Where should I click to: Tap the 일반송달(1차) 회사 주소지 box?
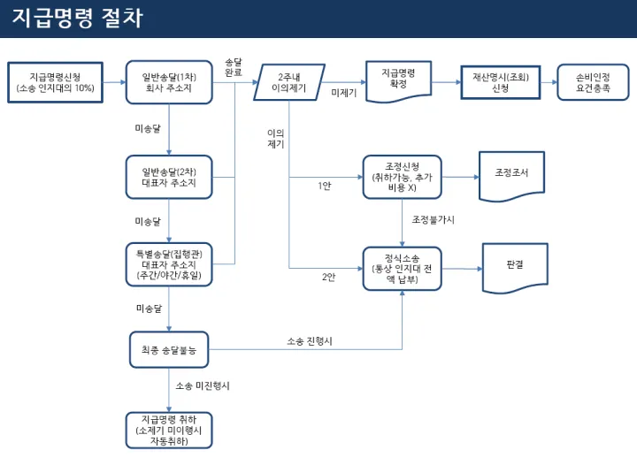[168, 82]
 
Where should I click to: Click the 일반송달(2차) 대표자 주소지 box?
[168, 176]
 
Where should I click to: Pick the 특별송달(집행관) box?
[168, 264]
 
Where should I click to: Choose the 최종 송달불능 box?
[168, 350]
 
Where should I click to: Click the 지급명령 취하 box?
[168, 429]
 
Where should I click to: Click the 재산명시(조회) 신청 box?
[501, 82]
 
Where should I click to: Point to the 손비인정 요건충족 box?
[593, 82]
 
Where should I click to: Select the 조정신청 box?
[402, 176]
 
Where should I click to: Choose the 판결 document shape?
[513, 263]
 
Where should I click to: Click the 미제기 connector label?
[343, 93]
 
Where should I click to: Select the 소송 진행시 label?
[309, 340]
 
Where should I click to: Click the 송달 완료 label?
[234, 65]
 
